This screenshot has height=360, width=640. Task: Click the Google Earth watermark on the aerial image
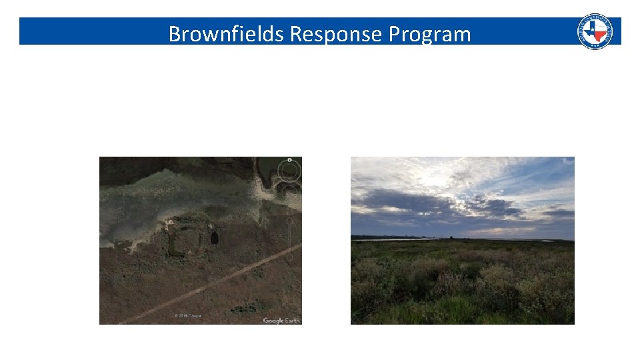click(281, 321)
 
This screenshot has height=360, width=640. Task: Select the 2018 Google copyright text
click(188, 315)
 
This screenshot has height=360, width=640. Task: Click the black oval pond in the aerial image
click(214, 237)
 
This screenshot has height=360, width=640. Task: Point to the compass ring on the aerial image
click(289, 171)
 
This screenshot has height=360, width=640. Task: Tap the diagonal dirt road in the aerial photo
click(220, 279)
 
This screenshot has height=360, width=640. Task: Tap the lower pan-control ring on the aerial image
click(291, 192)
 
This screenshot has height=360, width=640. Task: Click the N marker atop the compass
click(289, 160)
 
